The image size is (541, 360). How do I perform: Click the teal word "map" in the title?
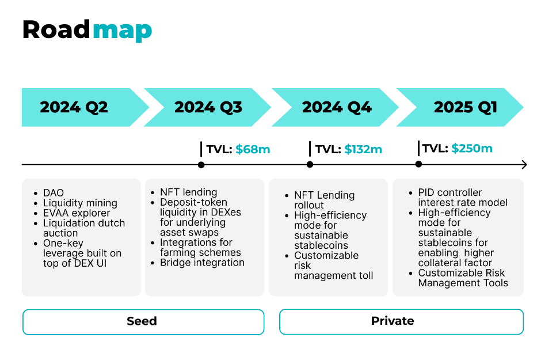coord(122,31)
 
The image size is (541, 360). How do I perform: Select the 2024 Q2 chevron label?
coord(74,107)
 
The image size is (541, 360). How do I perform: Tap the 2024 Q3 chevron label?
coord(208,107)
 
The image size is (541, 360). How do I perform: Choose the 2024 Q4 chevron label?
coord(337,107)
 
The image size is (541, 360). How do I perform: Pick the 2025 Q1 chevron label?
coord(466,107)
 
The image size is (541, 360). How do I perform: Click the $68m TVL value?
coord(253,149)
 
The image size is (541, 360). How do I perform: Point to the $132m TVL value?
coord(363,149)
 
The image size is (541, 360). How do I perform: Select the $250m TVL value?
coord(472,149)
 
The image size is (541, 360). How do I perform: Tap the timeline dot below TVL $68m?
coord(201,165)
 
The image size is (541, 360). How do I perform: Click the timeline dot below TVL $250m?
coord(418,164)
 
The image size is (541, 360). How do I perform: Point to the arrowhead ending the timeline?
coord(525,165)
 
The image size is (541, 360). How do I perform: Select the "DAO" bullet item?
coord(54,192)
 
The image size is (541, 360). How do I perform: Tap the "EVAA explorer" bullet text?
coord(77,213)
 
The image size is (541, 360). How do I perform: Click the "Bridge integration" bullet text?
coord(202,263)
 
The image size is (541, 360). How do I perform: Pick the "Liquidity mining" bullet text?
coord(80,203)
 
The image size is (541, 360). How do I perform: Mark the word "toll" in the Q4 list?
coord(365,275)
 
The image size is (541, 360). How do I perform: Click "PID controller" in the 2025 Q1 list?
coord(450,192)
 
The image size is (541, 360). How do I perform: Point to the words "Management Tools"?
coord(463,283)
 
